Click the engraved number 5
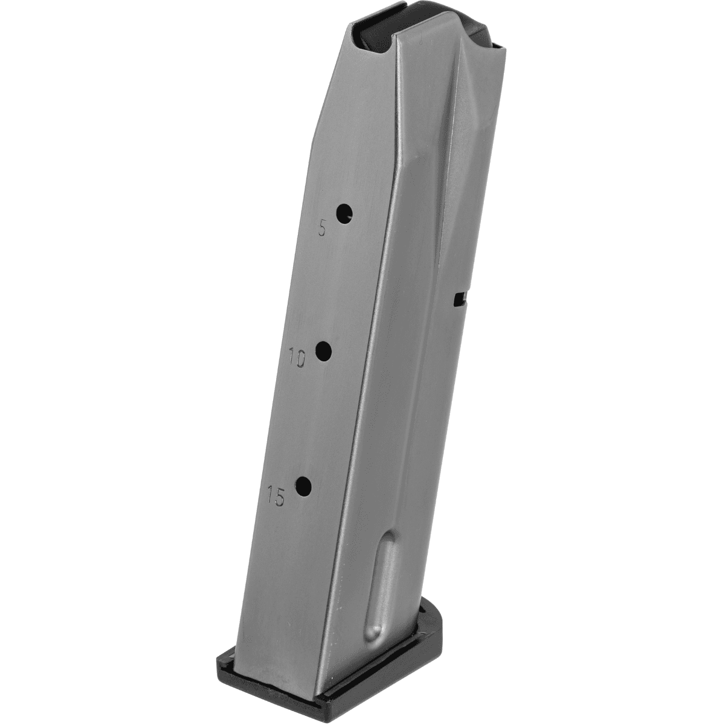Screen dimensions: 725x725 coord(323,229)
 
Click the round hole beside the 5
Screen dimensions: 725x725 coord(344,213)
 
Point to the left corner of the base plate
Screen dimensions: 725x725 coord(222,652)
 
